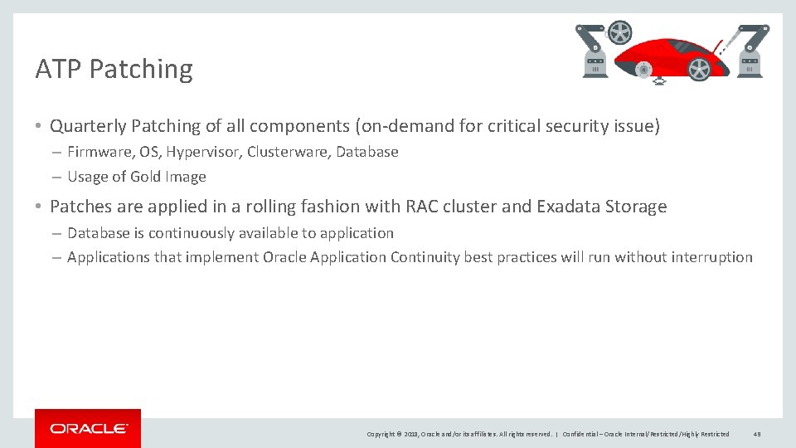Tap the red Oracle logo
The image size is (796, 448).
(88, 428)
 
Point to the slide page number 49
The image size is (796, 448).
(757, 434)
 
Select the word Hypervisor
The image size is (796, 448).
(203, 152)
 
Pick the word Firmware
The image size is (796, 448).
(98, 152)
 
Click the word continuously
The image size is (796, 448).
(188, 233)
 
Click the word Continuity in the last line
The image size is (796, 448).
(425, 257)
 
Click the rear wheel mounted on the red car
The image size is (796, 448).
(699, 69)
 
